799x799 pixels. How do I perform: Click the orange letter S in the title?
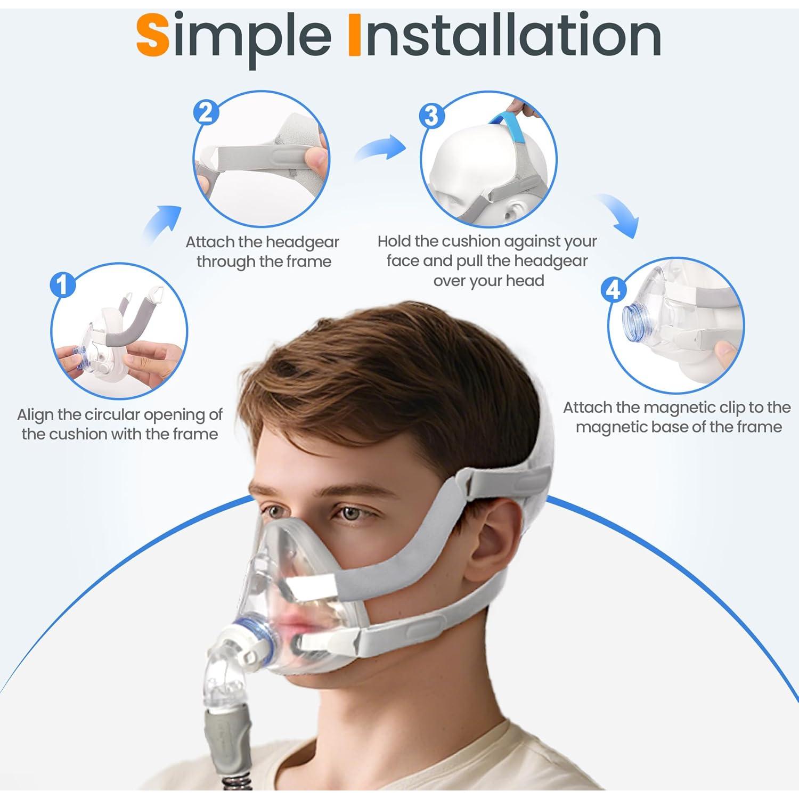coord(152,36)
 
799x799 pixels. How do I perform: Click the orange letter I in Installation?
coord(354,36)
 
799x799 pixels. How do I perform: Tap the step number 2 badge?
coord(206,113)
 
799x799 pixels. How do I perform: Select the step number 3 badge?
coord(431,116)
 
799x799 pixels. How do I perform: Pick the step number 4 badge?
coord(614,289)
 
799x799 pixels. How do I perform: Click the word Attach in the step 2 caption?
coord(210,242)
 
